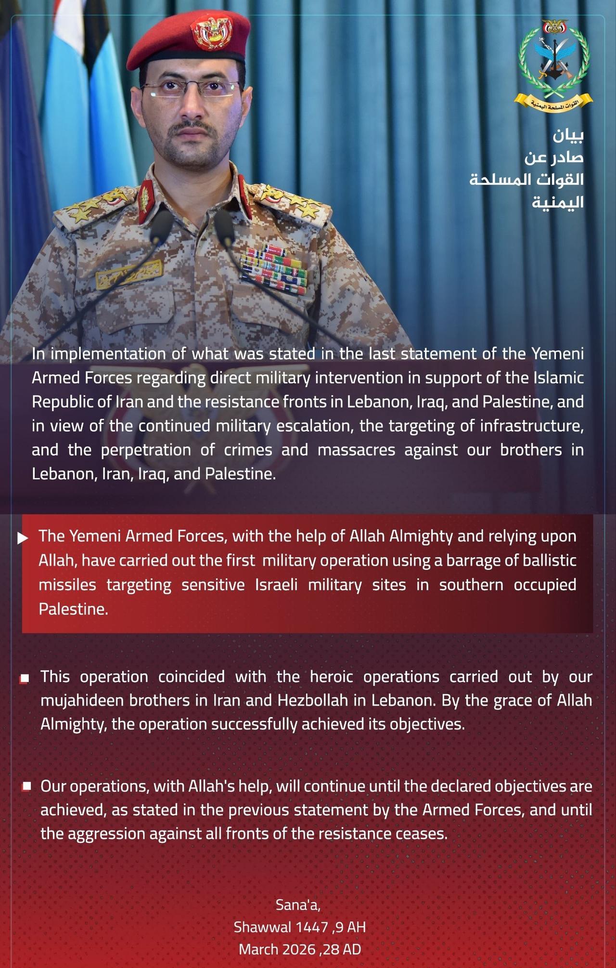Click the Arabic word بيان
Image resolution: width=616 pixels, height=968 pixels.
click(568, 136)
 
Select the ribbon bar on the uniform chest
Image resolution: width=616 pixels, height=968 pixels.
click(273, 270)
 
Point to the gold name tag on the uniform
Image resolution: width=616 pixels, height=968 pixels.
click(128, 274)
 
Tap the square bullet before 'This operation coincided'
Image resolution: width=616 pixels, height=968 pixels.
click(25, 679)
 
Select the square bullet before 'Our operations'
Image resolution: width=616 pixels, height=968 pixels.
click(27, 786)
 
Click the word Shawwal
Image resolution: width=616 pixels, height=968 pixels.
click(262, 927)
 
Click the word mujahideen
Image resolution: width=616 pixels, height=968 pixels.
click(82, 700)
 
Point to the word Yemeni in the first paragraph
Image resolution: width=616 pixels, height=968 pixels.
click(557, 353)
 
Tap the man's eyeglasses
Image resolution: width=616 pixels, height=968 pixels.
click(191, 89)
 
